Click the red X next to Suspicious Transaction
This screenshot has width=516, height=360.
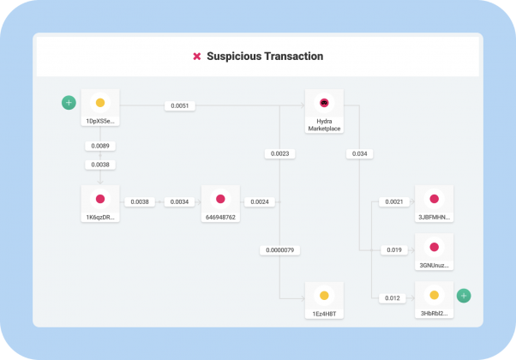pyautogui.click(x=197, y=57)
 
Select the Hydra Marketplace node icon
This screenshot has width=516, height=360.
pyautogui.click(x=324, y=103)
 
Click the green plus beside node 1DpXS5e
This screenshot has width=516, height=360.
pyautogui.click(x=69, y=103)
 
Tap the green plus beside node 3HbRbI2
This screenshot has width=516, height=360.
pyautogui.click(x=464, y=296)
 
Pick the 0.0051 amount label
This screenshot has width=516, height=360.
pyautogui.click(x=180, y=105)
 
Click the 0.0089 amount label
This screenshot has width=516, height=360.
pyautogui.click(x=100, y=146)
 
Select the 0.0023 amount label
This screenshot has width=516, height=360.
pyautogui.click(x=279, y=153)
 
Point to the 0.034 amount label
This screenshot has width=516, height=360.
pyautogui.click(x=359, y=153)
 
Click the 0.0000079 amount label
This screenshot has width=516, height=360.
pyautogui.click(x=279, y=250)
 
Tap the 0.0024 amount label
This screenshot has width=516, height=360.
pyautogui.click(x=260, y=201)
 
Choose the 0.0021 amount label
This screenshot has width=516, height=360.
pyautogui.click(x=394, y=201)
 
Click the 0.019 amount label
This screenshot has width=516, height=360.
pyautogui.click(x=394, y=249)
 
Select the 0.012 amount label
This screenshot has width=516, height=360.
pyautogui.click(x=393, y=298)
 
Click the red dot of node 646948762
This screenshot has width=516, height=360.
pyautogui.click(x=220, y=199)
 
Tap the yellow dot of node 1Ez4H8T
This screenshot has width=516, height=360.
pyautogui.click(x=324, y=296)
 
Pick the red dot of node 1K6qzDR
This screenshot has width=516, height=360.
pyautogui.click(x=100, y=199)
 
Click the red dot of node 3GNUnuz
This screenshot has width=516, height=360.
pyautogui.click(x=434, y=247)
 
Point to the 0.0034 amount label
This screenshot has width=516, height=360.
pyautogui.click(x=179, y=201)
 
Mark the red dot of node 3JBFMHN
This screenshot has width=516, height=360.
pyautogui.click(x=434, y=199)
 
